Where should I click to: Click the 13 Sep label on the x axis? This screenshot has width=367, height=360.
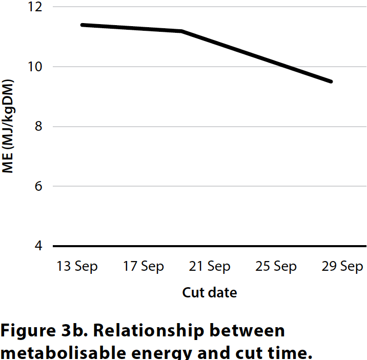(77, 267)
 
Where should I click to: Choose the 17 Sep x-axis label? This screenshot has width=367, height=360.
(144, 267)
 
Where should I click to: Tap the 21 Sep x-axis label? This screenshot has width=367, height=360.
(210, 267)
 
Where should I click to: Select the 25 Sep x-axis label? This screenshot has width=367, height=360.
(276, 267)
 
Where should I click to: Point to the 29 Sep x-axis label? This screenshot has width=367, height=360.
(342, 267)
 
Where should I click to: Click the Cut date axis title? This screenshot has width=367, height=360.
(210, 293)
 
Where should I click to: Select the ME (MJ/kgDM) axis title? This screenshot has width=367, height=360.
(8, 127)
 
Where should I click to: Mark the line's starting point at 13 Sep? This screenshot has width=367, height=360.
(82, 25)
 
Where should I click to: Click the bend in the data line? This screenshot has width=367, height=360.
(182, 31)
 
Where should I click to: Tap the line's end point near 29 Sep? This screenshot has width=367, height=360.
(332, 82)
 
